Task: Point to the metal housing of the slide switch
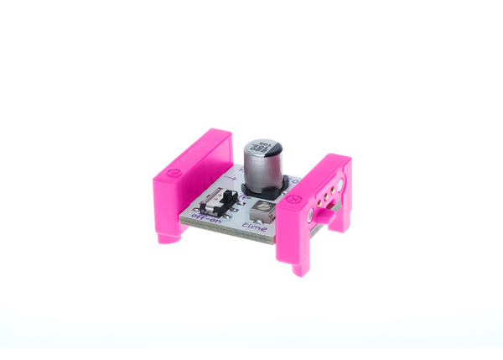point(220,203)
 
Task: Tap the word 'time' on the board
point(255,226)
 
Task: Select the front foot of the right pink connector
point(299,267)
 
